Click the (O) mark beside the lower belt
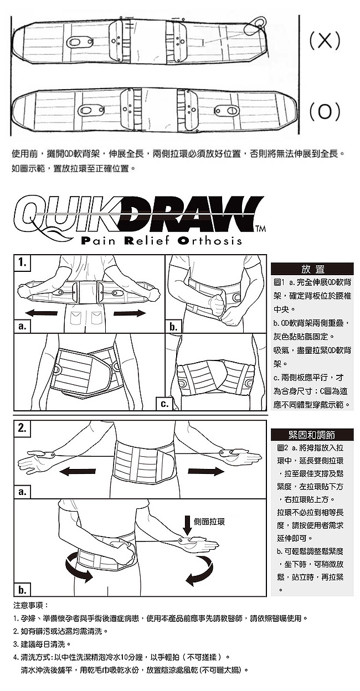(x=325, y=112)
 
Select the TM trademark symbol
(x=261, y=229)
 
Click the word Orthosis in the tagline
(x=209, y=240)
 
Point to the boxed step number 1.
(x=22, y=262)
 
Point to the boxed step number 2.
(x=22, y=428)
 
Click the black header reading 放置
(x=312, y=269)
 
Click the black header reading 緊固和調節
(x=312, y=435)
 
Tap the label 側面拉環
(x=209, y=522)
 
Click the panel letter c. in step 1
(x=164, y=404)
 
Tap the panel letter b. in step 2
(x=22, y=590)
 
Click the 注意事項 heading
(x=31, y=605)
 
